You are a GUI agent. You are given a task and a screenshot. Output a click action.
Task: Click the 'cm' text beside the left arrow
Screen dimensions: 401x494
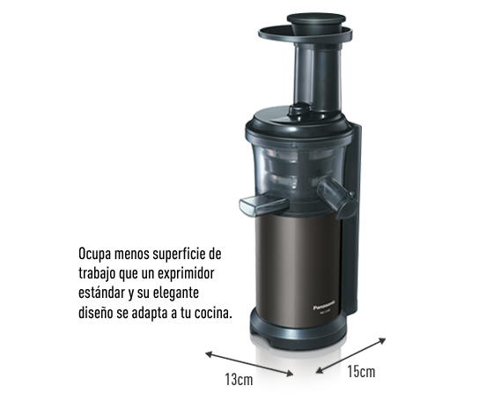point(242,379)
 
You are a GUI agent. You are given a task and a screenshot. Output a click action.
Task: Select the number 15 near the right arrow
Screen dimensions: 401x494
point(353,373)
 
